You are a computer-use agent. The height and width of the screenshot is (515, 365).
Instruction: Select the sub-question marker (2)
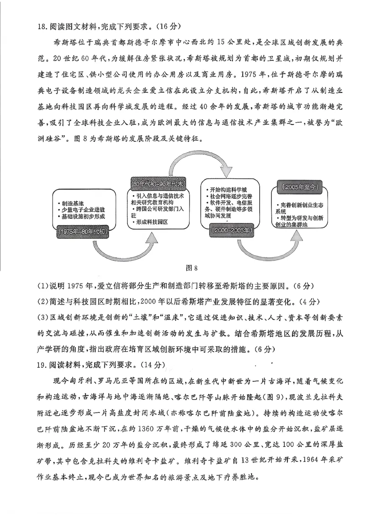tap(42, 302)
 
